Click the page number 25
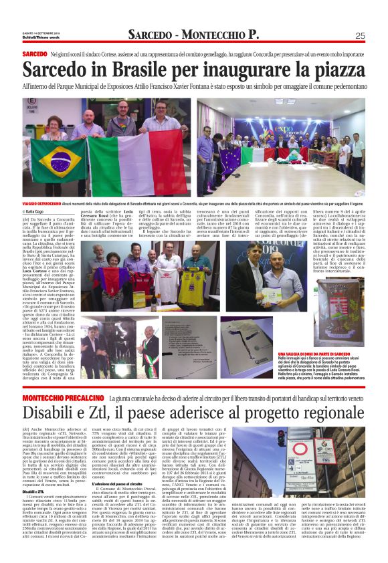point(360,35)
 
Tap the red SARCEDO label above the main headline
point(34,53)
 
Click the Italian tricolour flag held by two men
point(127,160)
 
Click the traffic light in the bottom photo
point(282,441)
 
